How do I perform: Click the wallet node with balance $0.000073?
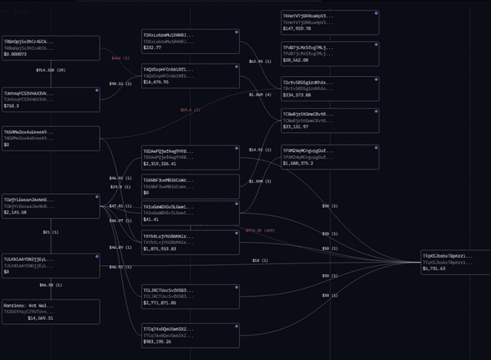pyautogui.click(x=49, y=47)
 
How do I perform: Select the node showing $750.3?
pyautogui.click(x=49, y=97)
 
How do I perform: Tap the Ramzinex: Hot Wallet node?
pyautogui.click(x=49, y=312)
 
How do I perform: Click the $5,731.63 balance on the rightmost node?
pyautogui.click(x=439, y=268)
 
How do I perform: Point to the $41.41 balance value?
pyautogui.click(x=151, y=219)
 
